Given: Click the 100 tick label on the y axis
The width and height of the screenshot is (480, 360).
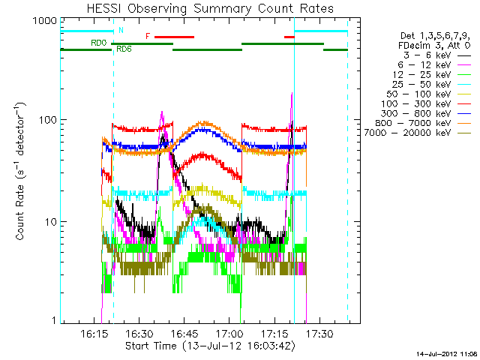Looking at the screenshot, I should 45,120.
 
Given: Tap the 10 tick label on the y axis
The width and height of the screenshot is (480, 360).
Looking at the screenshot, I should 48,222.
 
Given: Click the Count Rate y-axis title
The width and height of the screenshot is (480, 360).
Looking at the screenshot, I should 22,173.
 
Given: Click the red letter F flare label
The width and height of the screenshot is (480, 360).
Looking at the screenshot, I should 148,36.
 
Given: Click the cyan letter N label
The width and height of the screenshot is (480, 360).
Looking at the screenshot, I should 121,31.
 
